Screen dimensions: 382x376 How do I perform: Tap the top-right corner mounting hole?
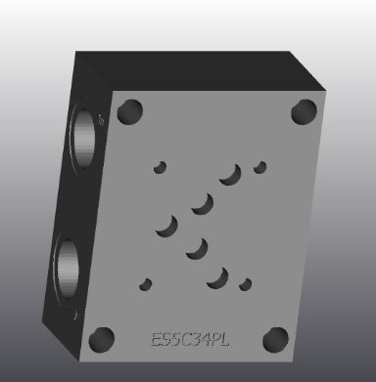tap(301, 111)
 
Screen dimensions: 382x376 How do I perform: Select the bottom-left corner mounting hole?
tap(100, 340)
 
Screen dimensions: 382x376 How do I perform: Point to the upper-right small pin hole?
tap(260, 167)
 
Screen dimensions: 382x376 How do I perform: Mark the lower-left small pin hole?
tap(146, 284)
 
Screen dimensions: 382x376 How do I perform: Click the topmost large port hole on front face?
tap(231, 175)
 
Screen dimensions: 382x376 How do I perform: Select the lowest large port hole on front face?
tap(217, 277)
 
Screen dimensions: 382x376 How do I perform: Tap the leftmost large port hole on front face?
tap(166, 227)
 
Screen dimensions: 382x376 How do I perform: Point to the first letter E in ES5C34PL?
tap(157, 340)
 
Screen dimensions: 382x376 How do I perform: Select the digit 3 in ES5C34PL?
tap(202, 340)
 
